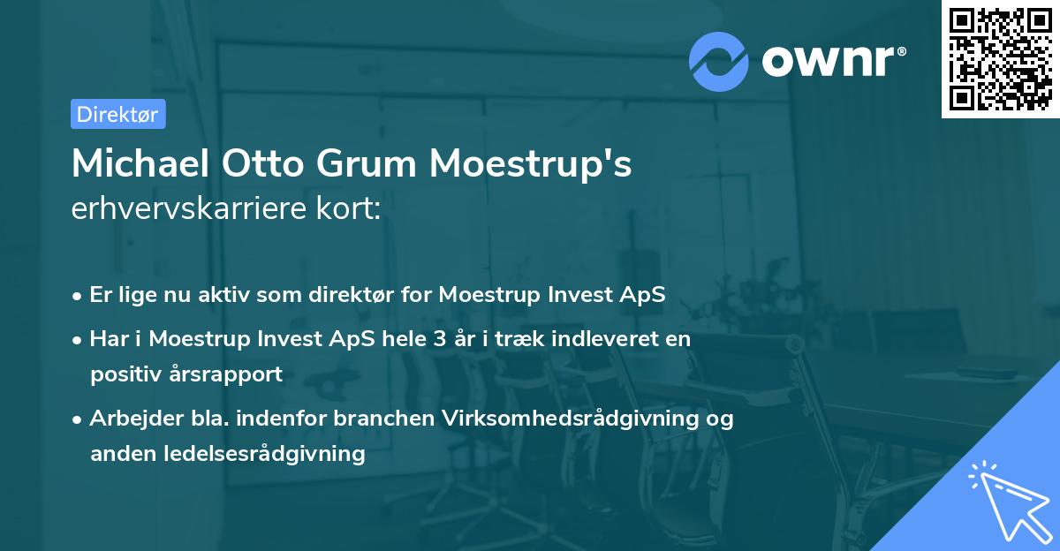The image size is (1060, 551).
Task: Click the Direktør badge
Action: point(117,114)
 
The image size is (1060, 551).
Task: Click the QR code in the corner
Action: point(1000,58)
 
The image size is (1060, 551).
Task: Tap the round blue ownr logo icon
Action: point(719,61)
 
